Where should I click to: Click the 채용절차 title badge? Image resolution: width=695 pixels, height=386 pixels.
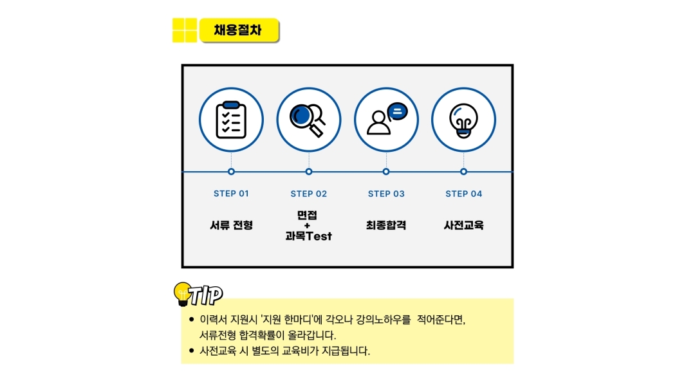239,30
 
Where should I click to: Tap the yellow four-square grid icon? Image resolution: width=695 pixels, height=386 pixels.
185,30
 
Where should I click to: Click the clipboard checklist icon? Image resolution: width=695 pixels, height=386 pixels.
231,120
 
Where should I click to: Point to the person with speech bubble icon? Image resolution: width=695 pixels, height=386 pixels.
387,118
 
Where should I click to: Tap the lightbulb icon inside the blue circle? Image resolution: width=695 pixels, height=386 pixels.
463,120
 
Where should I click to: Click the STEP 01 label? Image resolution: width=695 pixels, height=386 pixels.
232,194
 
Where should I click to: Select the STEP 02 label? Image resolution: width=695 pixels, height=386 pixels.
308,194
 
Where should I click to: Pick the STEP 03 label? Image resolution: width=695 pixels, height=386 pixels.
386,194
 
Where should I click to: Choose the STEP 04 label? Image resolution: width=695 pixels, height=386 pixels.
463,194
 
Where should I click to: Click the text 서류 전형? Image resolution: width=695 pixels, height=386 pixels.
232,225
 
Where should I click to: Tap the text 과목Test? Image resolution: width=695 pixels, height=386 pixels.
308,235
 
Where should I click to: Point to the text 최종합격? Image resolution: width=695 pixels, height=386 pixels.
386,225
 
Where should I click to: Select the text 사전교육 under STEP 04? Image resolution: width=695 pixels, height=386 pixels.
463,225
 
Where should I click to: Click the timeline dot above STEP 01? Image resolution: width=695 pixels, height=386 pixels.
232,172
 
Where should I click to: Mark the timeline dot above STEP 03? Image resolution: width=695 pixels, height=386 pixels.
386,172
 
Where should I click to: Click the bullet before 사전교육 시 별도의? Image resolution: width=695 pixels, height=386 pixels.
192,351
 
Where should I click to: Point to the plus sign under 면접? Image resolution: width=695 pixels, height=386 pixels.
307,226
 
